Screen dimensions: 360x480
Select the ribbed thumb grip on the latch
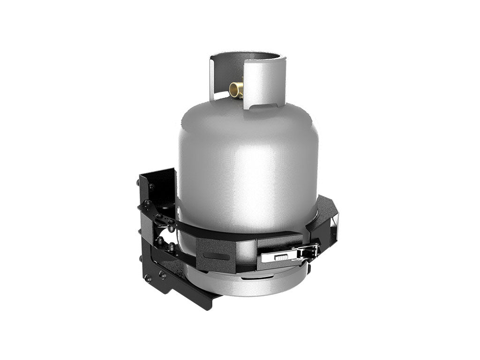[280, 257]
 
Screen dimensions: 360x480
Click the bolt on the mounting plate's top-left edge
[150, 187]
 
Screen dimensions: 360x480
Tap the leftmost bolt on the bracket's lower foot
[147, 278]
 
